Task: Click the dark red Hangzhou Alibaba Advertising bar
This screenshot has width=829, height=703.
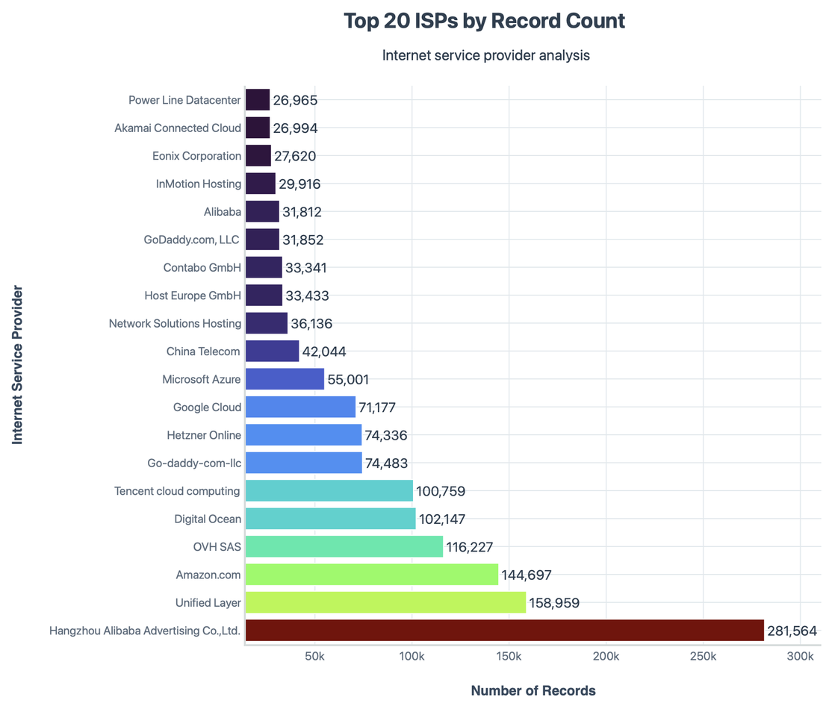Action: [x=504, y=631]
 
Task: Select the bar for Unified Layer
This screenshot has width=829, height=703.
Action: [x=385, y=602]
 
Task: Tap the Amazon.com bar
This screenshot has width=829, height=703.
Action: [x=371, y=575]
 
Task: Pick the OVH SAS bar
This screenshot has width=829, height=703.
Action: [x=344, y=547]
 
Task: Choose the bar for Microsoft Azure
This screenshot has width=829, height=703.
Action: [x=285, y=379]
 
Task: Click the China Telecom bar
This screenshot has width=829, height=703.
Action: [x=272, y=351]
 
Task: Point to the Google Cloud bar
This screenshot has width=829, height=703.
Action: [x=300, y=407]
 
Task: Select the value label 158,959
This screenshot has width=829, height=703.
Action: [x=554, y=602]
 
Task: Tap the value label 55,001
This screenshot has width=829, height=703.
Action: [x=348, y=379]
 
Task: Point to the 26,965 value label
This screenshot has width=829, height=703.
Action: [x=295, y=100]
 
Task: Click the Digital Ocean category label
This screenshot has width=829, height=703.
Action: [x=208, y=519]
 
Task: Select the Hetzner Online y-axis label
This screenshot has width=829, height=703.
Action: [x=204, y=435]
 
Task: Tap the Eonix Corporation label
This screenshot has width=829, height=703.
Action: [x=196, y=156]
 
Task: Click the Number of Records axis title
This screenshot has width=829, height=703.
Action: [x=533, y=690]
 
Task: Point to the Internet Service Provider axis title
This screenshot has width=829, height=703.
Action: [x=17, y=365]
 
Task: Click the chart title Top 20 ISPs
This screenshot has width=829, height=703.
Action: [x=484, y=21]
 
